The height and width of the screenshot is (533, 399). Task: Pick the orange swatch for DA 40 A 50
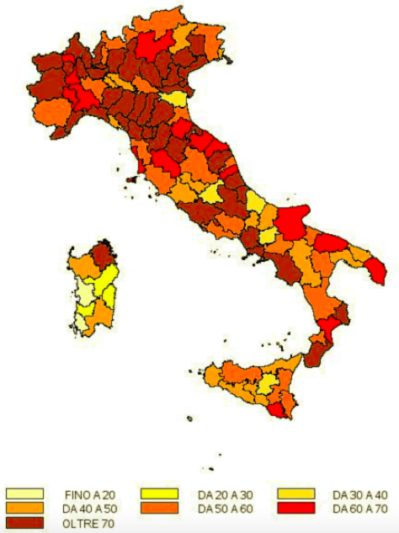24,509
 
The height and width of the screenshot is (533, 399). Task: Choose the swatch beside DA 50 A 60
159,509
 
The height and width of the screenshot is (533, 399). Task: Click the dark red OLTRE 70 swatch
24,523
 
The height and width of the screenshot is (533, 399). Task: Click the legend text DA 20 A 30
225,494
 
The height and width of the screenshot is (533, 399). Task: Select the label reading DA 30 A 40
359,494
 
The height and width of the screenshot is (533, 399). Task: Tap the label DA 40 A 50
90,509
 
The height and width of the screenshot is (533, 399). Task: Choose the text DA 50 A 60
225,509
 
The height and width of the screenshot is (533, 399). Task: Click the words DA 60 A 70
359,509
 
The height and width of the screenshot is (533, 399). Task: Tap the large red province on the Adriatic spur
291,221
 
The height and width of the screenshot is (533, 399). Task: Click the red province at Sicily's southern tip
277,410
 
